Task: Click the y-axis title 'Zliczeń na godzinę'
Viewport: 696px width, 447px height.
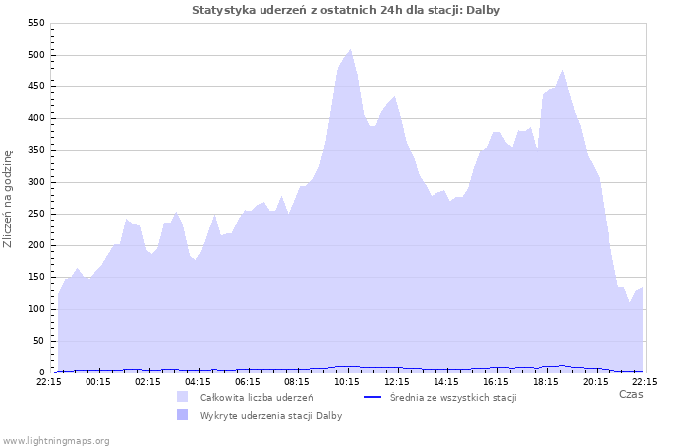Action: tap(8, 199)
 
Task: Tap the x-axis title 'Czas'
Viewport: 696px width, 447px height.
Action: tap(630, 394)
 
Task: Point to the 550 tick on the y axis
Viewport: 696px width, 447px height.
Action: tap(36, 23)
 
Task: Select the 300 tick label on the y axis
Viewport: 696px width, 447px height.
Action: tap(36, 182)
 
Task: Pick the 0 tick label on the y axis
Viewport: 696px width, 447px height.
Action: tap(42, 372)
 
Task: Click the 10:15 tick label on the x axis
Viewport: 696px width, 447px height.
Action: tap(347, 381)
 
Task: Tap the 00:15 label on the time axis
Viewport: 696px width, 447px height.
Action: tap(98, 381)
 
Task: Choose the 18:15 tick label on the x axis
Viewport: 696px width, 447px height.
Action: tap(546, 381)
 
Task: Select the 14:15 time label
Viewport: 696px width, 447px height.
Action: tap(446, 381)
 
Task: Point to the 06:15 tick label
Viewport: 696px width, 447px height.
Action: tap(248, 381)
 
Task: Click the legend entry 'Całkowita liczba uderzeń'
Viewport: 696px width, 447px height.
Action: tap(257, 397)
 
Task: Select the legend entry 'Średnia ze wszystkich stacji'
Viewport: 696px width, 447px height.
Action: tap(452, 397)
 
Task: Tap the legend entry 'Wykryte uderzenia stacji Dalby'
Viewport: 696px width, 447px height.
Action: tap(270, 416)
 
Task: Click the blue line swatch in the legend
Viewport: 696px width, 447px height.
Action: tap(373, 397)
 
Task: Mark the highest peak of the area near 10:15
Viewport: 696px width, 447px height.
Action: tap(350, 49)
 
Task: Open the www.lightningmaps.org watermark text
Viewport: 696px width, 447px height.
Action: tap(57, 440)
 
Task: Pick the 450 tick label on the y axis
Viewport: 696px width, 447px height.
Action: tap(36, 86)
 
